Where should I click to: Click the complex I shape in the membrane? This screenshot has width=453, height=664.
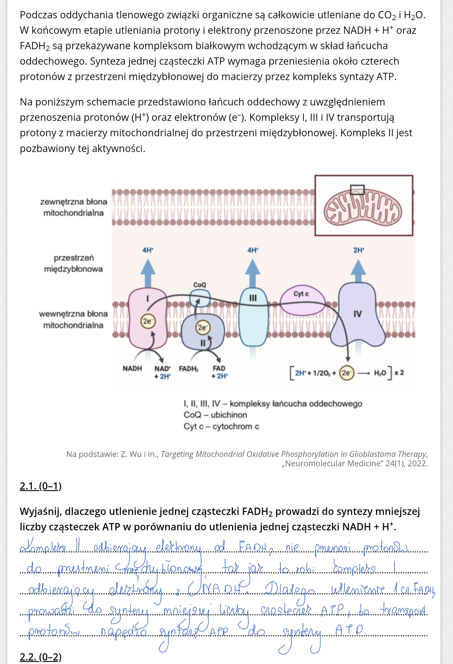[x=148, y=335]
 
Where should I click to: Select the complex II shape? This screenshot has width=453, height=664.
[x=203, y=338]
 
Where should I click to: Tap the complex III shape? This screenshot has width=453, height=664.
[x=253, y=320]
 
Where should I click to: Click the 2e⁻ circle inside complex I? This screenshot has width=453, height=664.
[x=148, y=321]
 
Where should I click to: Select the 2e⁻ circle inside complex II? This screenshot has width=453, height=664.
[x=202, y=328]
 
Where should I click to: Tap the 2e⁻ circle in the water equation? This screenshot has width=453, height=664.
[x=346, y=373]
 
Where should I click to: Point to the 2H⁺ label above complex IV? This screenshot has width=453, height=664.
[x=359, y=250]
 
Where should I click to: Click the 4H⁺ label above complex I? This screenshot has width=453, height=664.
[x=148, y=250]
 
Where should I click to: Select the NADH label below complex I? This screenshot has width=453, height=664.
[x=132, y=368]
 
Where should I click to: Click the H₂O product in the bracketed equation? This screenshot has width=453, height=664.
[x=380, y=373]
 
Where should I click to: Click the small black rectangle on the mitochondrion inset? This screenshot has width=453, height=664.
[x=357, y=190]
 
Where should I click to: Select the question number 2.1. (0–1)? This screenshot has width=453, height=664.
[x=40, y=486]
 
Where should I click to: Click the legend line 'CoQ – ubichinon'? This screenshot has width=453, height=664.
[x=215, y=415]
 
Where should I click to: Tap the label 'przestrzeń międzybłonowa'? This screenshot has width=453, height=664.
[x=73, y=263]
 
